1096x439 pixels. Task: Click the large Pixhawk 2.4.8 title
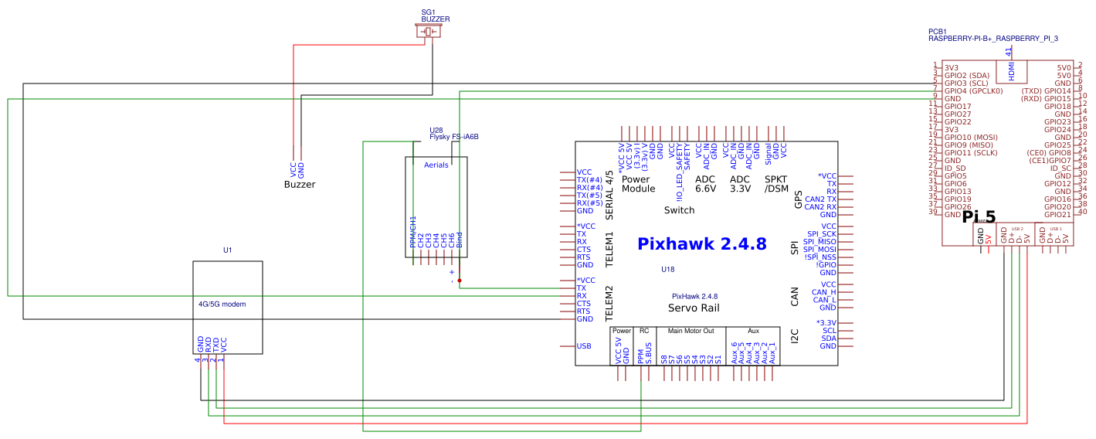click(701, 244)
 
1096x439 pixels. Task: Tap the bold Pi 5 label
click(979, 218)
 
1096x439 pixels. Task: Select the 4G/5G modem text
click(222, 305)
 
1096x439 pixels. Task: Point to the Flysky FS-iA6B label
click(454, 137)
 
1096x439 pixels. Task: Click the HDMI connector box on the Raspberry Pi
click(1012, 71)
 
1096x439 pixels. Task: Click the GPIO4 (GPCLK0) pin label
click(973, 91)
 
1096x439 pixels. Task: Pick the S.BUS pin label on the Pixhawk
click(649, 355)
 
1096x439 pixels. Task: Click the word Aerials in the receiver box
click(436, 165)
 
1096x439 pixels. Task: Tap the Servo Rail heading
click(694, 308)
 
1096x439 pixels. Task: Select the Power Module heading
click(638, 184)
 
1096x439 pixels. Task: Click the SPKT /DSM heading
click(775, 184)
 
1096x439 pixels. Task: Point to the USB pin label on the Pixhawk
click(584, 346)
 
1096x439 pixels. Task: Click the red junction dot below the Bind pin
click(460, 281)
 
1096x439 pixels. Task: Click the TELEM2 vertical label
click(609, 304)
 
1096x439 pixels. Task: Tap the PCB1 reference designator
click(938, 31)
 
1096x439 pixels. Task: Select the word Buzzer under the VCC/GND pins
click(300, 185)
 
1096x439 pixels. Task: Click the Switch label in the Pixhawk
click(679, 210)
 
